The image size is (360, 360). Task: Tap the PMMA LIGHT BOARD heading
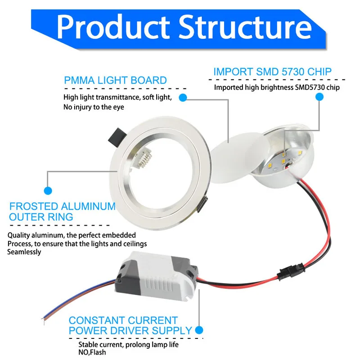[x=115, y=81]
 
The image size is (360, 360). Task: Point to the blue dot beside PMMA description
[x=183, y=97]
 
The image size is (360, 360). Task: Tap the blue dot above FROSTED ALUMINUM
[x=48, y=191]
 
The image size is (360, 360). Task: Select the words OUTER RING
[x=41, y=217]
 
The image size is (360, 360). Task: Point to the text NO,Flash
[x=92, y=352]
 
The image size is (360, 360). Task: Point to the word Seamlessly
[x=24, y=252]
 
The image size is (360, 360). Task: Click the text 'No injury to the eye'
[x=94, y=107]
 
